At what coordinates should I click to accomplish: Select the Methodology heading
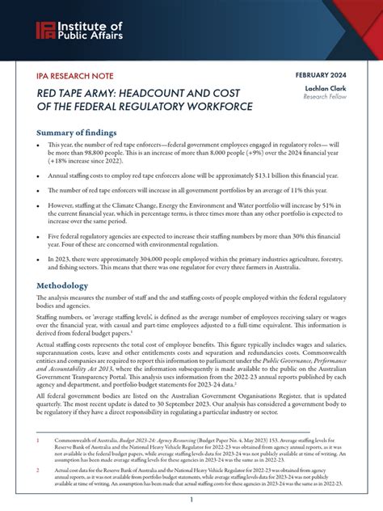[74, 285]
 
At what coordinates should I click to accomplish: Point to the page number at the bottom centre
[191, 501]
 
